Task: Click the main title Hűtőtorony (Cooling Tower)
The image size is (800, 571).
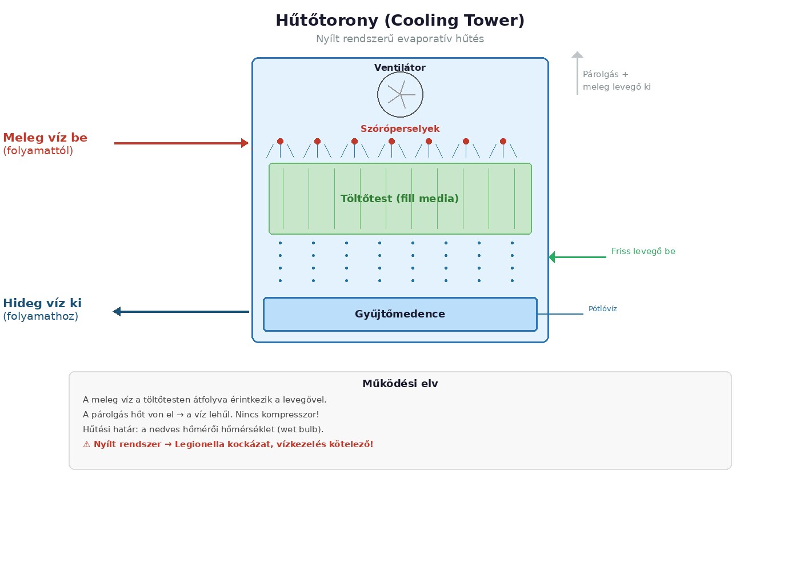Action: click(400, 21)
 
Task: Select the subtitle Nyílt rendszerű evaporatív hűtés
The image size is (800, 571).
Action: click(400, 39)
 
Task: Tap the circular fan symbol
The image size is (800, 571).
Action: click(400, 95)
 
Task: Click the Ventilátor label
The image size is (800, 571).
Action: click(400, 67)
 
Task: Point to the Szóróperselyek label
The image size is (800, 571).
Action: click(400, 129)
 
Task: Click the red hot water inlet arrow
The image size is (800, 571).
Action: click(181, 143)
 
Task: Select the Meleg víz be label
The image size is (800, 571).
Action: click(45, 138)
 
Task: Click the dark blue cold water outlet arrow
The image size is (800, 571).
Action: click(181, 312)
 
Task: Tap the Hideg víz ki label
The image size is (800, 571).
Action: click(42, 303)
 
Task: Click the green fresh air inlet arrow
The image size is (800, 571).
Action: click(577, 258)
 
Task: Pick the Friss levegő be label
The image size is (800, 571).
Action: click(643, 251)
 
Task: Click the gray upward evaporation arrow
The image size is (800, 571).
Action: click(577, 73)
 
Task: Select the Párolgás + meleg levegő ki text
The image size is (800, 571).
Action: click(616, 81)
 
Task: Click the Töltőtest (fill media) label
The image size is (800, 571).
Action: click(400, 199)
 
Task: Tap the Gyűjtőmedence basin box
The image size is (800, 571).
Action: click(400, 314)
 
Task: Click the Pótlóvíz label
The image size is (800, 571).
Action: click(602, 309)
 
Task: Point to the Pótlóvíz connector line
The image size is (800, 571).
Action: click(560, 314)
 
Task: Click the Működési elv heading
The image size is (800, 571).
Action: click(400, 384)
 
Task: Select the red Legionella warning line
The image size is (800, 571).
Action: click(228, 444)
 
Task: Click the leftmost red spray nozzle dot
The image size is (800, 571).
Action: click(280, 142)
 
